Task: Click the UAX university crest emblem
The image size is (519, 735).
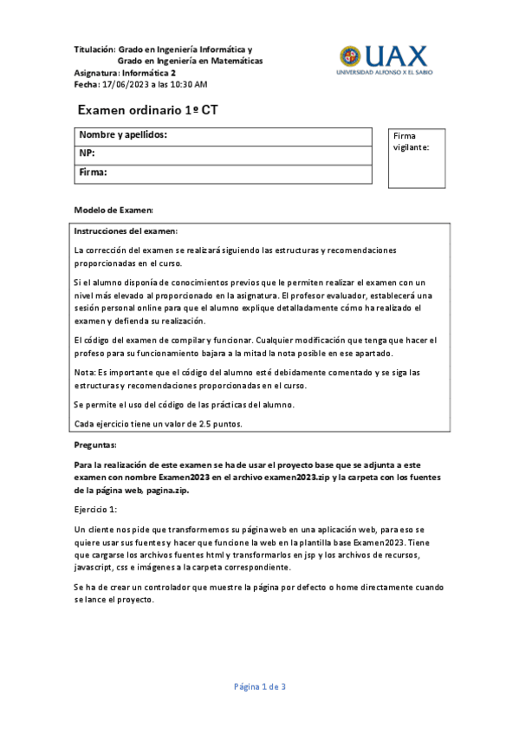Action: pyautogui.click(x=351, y=57)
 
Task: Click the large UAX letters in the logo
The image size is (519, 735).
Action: pyautogui.click(x=396, y=56)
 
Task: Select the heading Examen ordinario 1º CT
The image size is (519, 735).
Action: pyautogui.click(x=148, y=111)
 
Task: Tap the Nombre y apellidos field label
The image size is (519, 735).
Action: pyautogui.click(x=123, y=135)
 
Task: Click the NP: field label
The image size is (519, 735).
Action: pyautogui.click(x=87, y=153)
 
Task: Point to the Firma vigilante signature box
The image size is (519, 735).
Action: pyautogui.click(x=416, y=159)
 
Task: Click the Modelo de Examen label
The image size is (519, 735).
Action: pyautogui.click(x=114, y=211)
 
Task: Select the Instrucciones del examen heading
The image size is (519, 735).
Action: pyautogui.click(x=127, y=231)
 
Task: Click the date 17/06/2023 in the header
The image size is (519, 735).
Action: pyautogui.click(x=125, y=85)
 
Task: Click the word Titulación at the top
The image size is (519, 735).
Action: pyautogui.click(x=94, y=50)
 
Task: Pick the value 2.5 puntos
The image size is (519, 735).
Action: pyautogui.click(x=217, y=424)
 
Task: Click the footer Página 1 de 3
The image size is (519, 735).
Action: pyautogui.click(x=259, y=686)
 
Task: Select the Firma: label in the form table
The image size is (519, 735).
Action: pyautogui.click(x=93, y=172)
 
